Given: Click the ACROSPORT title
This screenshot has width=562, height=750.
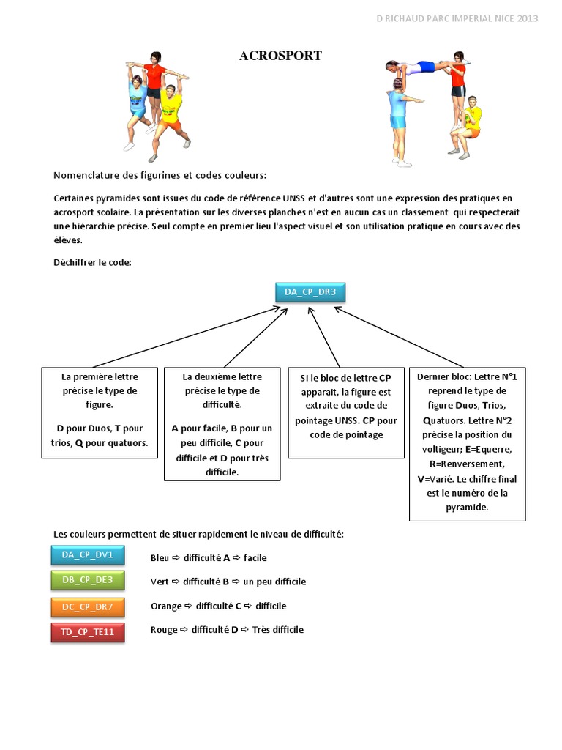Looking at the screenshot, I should click(280, 56).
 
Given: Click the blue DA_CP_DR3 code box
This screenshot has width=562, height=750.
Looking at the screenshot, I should click(311, 292).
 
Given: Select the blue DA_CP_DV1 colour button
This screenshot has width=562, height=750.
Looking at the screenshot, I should click(88, 555).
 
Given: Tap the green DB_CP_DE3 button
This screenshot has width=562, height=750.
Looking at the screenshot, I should click(88, 580).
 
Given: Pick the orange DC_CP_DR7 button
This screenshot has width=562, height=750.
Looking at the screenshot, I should click(88, 606).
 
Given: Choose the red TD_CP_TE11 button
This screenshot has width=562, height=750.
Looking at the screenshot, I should click(88, 631).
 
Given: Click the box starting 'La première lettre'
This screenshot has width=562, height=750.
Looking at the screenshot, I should click(100, 412).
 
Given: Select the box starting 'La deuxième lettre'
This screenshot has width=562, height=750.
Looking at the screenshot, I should click(222, 423).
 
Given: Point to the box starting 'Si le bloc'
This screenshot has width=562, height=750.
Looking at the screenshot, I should click(345, 412).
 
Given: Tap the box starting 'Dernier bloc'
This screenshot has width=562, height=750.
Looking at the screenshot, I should click(467, 443).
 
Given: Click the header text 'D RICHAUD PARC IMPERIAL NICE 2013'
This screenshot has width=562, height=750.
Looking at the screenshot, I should click(456, 18).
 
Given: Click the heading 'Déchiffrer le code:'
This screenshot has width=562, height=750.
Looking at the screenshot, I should click(92, 262).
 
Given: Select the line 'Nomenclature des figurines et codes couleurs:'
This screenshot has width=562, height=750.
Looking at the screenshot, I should click(160, 176).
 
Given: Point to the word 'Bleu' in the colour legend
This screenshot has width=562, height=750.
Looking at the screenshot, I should click(160, 557).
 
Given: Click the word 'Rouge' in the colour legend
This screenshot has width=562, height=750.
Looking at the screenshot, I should click(164, 630).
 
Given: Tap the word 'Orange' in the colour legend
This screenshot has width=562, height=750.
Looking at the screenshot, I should click(166, 606).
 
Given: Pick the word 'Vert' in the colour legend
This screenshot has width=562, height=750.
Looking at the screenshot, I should click(160, 582).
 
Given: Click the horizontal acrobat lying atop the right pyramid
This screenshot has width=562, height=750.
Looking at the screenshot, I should click(424, 68).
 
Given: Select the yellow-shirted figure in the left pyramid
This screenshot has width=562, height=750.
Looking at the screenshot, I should click(171, 117).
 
